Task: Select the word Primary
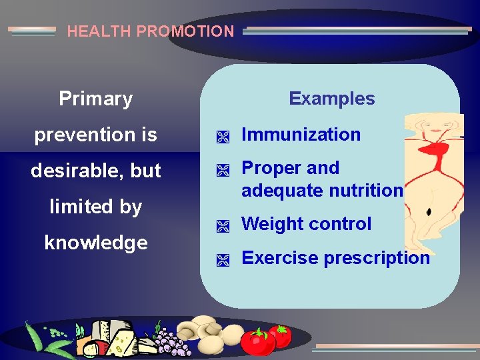click(95, 99)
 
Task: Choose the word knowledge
click(95, 243)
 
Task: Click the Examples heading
click(331, 99)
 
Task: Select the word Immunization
click(301, 135)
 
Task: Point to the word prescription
click(373, 258)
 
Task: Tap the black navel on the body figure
click(428, 211)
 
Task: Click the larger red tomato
click(257, 342)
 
